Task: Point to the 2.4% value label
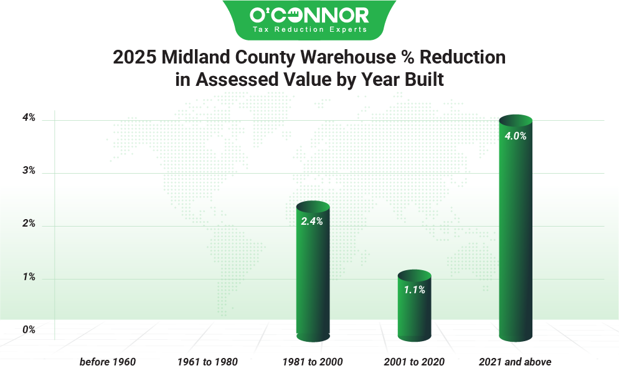pyautogui.click(x=312, y=221)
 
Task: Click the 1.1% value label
pyautogui.click(x=413, y=289)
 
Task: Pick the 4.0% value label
pyautogui.click(x=516, y=136)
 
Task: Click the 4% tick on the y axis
pyautogui.click(x=29, y=118)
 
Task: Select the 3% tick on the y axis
pyautogui.click(x=29, y=171)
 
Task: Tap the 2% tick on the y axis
pyautogui.click(x=29, y=224)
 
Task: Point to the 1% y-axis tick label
pyautogui.click(x=29, y=278)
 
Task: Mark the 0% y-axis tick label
pyautogui.click(x=29, y=330)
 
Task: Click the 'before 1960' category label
pyautogui.click(x=107, y=362)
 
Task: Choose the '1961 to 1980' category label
pyautogui.click(x=207, y=362)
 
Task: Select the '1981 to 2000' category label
pyautogui.click(x=312, y=362)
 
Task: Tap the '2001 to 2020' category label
pyautogui.click(x=413, y=362)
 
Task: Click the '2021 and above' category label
pyautogui.click(x=515, y=362)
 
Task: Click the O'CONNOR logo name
pyautogui.click(x=309, y=14)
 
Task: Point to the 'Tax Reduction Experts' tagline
pyautogui.click(x=309, y=29)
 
